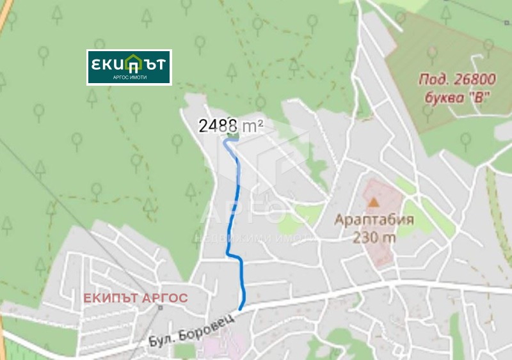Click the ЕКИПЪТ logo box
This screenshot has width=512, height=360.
click(129, 67)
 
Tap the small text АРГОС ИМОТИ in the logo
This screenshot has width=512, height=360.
click(130, 77)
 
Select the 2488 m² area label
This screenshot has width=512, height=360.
click(231, 125)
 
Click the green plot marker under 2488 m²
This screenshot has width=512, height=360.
click(232, 136)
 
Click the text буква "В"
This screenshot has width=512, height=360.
click(457, 98)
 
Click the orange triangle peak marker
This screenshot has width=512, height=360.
click(373, 201)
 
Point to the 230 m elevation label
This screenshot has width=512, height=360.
click(374, 237)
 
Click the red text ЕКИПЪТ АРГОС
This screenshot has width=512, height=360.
click(136, 298)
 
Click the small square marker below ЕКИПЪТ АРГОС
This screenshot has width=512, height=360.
click(160, 308)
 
